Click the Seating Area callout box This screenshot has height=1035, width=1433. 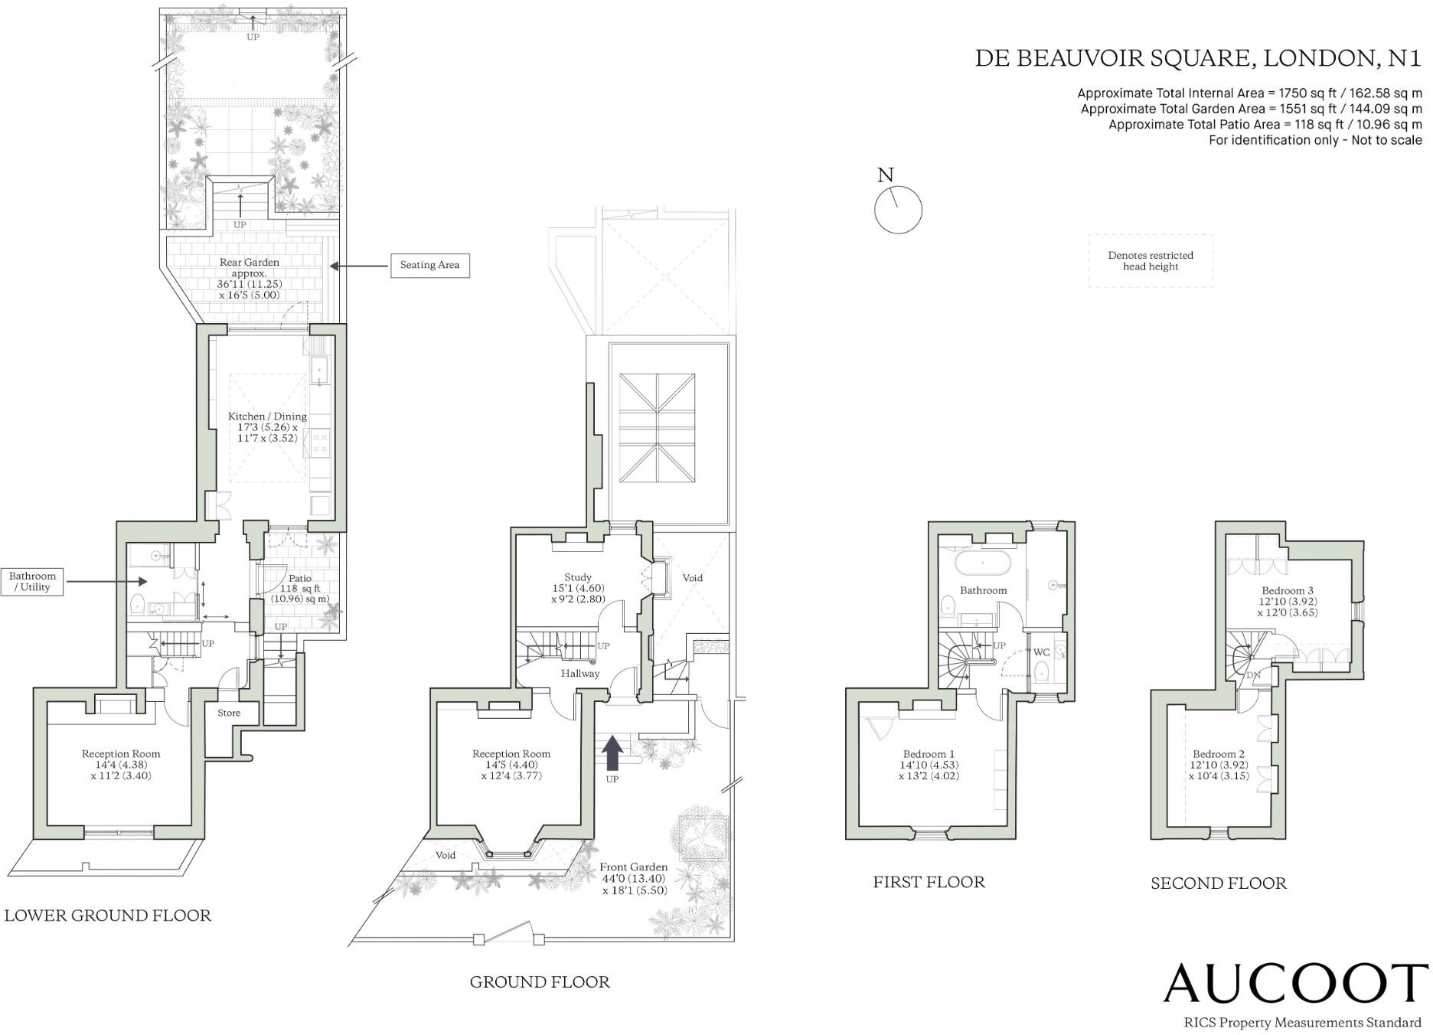pos(429,265)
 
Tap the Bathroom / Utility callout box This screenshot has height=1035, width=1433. pos(32,582)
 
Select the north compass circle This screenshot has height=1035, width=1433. pos(898,210)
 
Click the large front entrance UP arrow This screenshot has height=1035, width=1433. pos(612,753)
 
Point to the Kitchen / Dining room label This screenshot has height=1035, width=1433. pos(267,416)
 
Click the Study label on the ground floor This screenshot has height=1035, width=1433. pos(578,577)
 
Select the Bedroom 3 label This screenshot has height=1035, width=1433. pos(1288,590)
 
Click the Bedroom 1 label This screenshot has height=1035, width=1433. pos(929,754)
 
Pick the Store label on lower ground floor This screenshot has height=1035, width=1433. pos(229,713)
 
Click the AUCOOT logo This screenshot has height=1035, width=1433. pos(1295,984)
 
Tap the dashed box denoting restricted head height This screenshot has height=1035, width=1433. pos(1151,261)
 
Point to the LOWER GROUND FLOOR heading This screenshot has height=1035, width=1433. pos(108,916)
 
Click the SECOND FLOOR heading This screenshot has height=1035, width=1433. pos(1219,883)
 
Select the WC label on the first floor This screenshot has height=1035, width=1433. pos(1041,652)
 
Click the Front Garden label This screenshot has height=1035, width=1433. pos(633,867)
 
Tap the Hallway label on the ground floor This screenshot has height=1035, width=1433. pos(580,674)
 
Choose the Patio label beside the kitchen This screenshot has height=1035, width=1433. pos(300,579)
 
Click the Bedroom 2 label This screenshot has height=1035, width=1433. pos(1219,754)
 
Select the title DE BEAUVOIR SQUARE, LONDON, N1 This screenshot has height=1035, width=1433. pos(1197,58)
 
